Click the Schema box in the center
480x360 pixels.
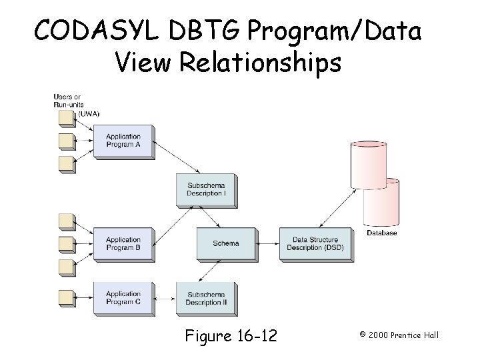(227, 243)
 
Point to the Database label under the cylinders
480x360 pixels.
(381, 233)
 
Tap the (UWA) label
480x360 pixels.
(89, 114)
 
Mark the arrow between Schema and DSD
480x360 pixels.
(268, 243)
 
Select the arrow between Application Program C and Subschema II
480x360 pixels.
(165, 297)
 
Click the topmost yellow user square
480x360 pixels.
(66, 118)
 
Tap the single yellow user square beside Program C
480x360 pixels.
(66, 297)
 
